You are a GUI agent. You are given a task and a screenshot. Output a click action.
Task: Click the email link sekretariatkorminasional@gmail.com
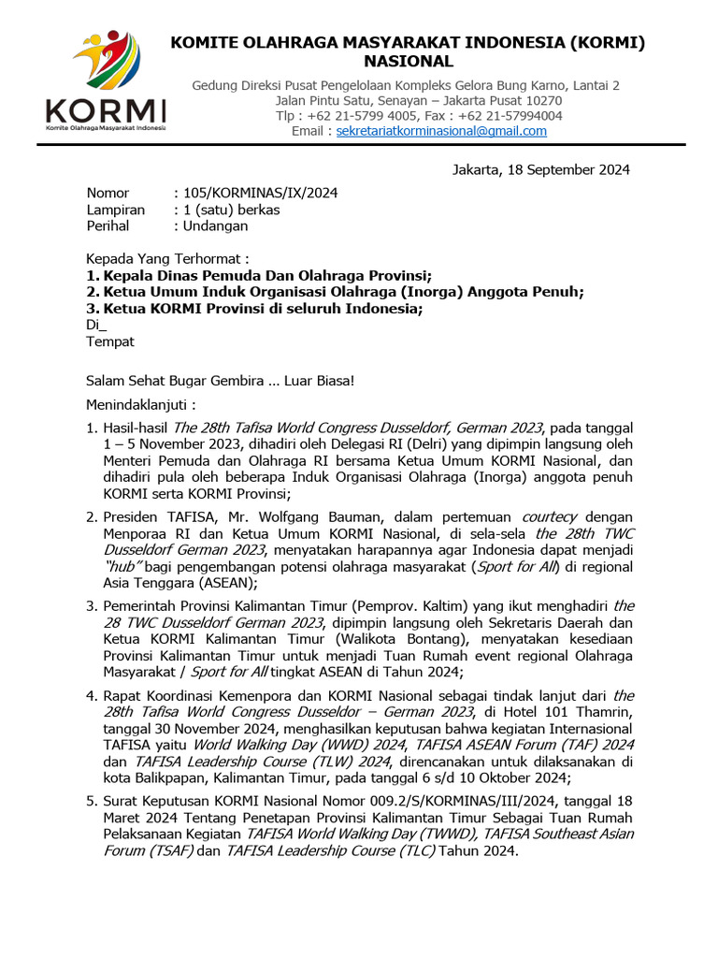tap(441, 131)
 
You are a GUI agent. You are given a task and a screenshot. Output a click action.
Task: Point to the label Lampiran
tap(116, 210)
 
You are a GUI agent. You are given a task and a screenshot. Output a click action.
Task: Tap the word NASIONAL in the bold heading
tap(406, 62)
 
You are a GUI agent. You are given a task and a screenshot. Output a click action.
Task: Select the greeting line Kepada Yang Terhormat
tap(168, 258)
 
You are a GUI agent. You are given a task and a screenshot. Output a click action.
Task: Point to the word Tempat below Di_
tap(110, 341)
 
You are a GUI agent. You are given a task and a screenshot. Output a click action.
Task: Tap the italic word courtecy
tap(550, 516)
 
